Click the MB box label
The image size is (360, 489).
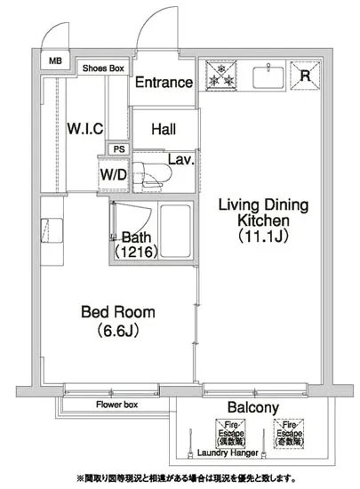55,62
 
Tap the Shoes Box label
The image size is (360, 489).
103,68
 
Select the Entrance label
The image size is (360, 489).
164,83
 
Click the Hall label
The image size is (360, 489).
163,129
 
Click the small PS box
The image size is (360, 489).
117,149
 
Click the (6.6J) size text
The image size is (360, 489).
118,330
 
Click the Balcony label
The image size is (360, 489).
253,408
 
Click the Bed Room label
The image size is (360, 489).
118,312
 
